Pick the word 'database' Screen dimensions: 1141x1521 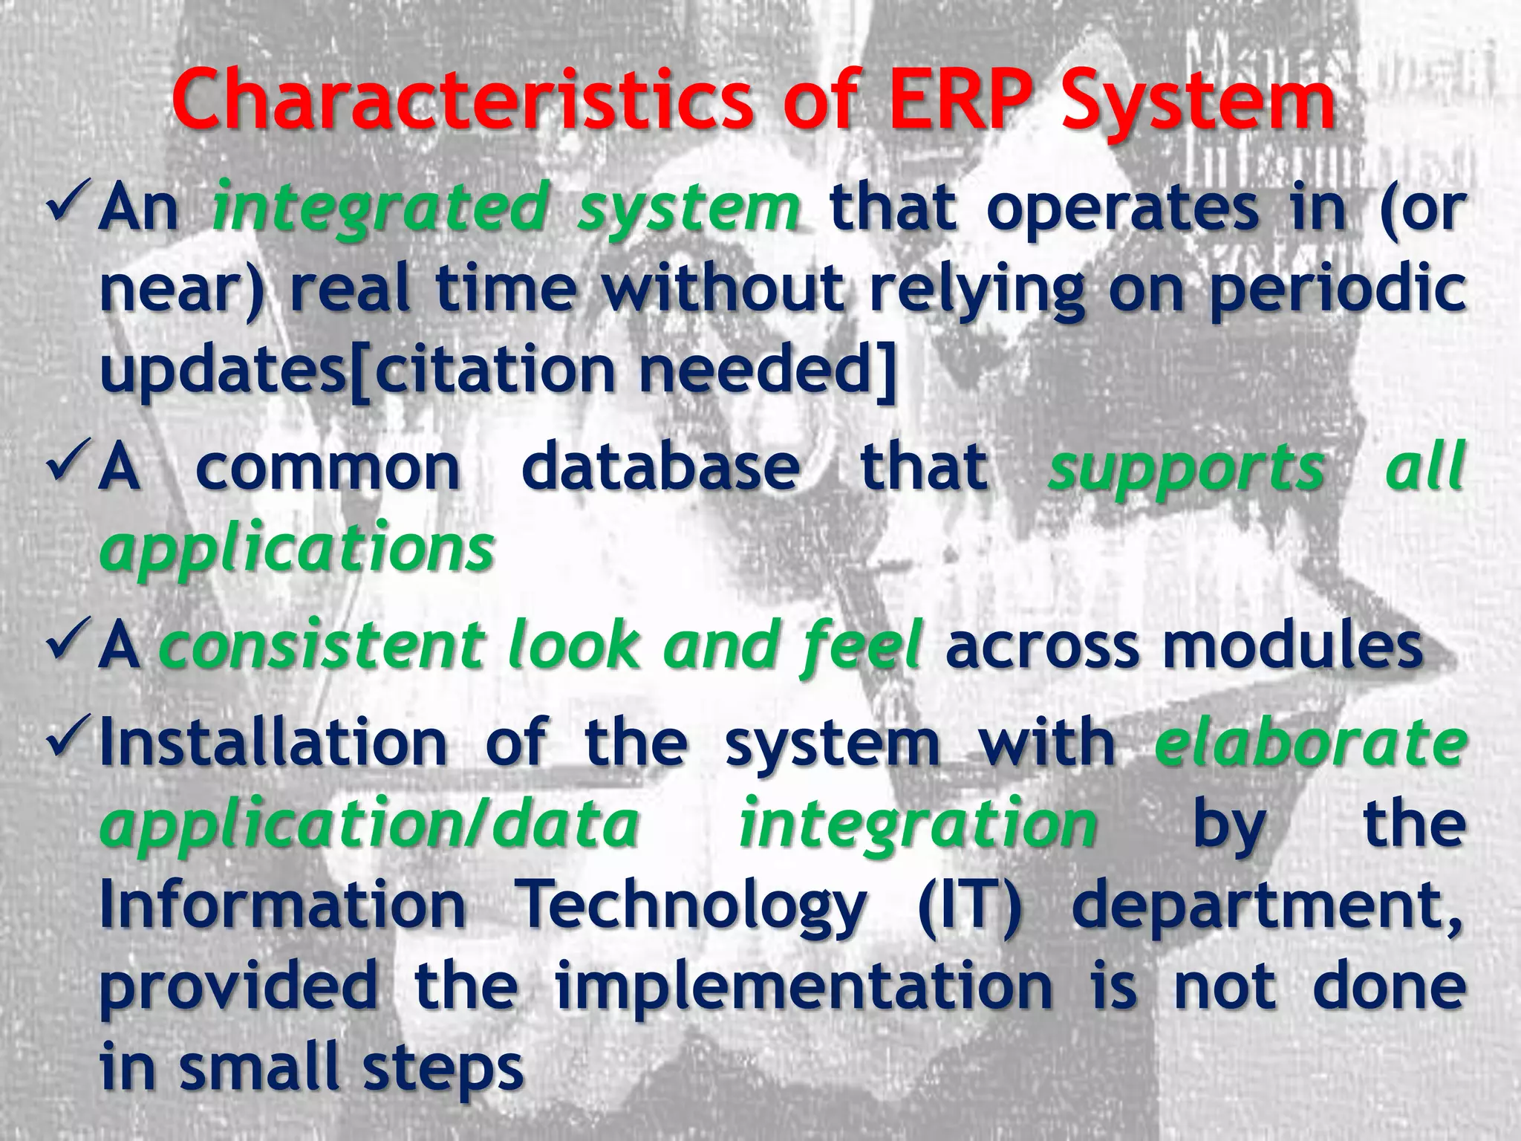coord(661,468)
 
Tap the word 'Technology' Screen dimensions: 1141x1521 coord(691,906)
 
